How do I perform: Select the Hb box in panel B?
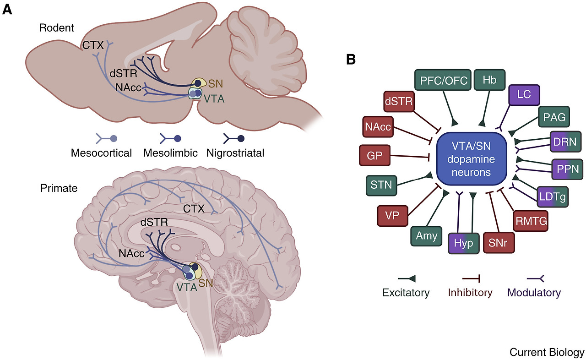489,81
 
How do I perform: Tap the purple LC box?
525,97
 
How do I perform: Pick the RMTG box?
531,221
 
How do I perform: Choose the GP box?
375,156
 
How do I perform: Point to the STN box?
381,185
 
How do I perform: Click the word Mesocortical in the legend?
101,153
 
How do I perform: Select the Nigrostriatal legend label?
235,153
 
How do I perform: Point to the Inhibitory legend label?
470,292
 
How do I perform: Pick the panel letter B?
351,60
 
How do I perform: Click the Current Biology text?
547,352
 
